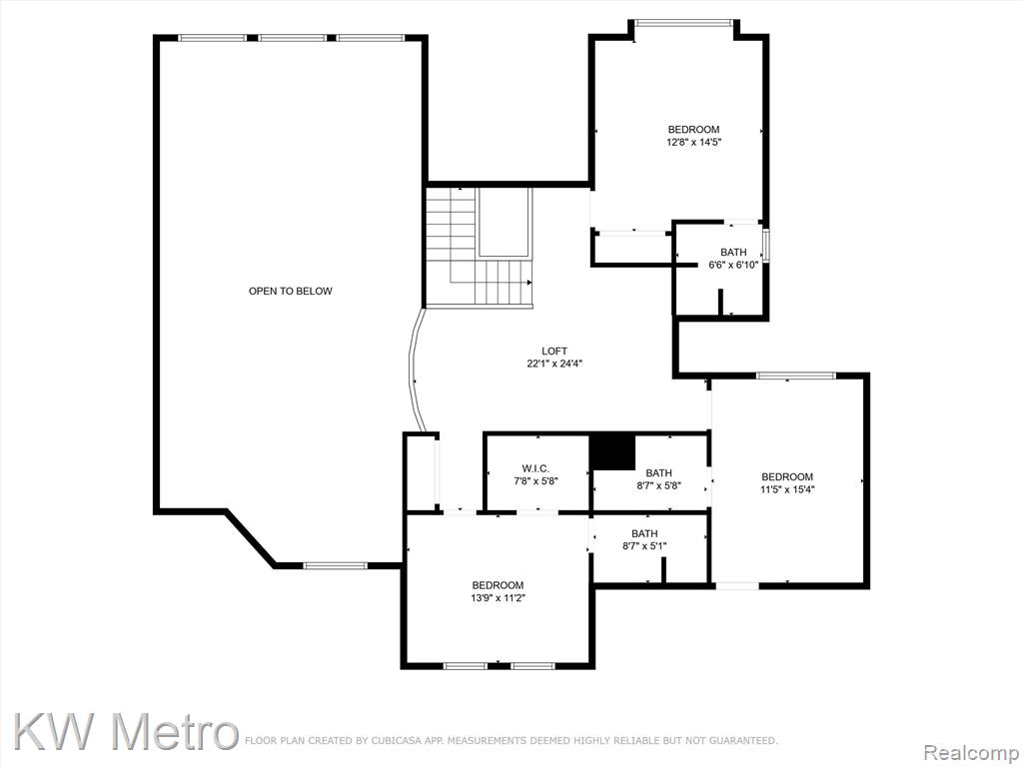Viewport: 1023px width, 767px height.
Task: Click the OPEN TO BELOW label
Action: click(x=291, y=291)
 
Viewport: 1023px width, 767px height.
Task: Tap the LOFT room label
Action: click(x=554, y=351)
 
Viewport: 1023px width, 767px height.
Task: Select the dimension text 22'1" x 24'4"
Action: click(x=554, y=364)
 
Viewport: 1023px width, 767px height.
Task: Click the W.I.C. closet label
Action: click(x=535, y=468)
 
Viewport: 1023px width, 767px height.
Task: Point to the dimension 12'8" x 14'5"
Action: click(x=693, y=142)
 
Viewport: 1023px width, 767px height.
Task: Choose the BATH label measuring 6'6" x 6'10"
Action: click(x=733, y=253)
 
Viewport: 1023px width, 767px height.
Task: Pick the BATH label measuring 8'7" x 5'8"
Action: click(x=659, y=472)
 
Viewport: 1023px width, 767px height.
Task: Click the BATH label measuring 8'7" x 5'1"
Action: click(x=644, y=533)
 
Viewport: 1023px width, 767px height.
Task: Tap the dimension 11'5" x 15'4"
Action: click(x=787, y=489)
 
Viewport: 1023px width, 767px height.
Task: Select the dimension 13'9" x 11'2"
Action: click(x=498, y=597)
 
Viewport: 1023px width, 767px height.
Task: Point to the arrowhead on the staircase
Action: click(x=529, y=282)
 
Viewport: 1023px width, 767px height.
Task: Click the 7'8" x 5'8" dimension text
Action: click(x=535, y=480)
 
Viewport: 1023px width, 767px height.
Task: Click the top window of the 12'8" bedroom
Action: click(x=683, y=24)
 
